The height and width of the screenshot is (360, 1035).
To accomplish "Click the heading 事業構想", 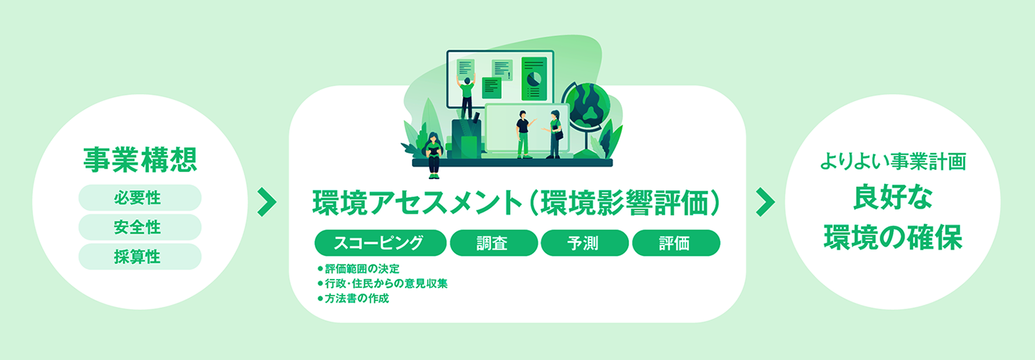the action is coord(140,160).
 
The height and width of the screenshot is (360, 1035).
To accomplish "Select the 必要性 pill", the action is coord(140,198).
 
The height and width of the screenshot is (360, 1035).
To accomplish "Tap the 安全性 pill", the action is coord(140,227).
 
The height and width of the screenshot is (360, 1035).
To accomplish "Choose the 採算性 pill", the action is coord(140,257).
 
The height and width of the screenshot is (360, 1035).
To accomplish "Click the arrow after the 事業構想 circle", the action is coord(266,202).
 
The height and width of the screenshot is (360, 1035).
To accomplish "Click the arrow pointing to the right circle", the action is coord(765,202).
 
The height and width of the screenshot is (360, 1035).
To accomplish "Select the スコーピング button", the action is coord(380,243).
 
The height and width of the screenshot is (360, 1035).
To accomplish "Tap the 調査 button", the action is coord(494,243).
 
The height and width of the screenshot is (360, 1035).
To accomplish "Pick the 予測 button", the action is coord(585,243).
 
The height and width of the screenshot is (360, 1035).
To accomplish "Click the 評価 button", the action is coord(676,243).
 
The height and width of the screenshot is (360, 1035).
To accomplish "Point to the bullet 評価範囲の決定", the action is coord(359,269).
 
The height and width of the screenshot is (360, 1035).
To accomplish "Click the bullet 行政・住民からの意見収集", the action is coord(383,284).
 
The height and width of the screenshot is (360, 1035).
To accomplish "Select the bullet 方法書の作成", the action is coord(353,298).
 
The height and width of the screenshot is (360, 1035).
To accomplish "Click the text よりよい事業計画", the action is coord(892,161).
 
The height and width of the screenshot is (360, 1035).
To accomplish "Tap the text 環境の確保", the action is coord(892,238).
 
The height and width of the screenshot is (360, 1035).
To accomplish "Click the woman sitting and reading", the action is coord(434,155).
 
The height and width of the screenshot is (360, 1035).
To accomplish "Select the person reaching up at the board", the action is coord(466,98).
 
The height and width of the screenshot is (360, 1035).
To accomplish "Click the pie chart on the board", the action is coord(534,78).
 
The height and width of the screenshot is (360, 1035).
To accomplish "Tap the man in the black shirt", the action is coord(523,135).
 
